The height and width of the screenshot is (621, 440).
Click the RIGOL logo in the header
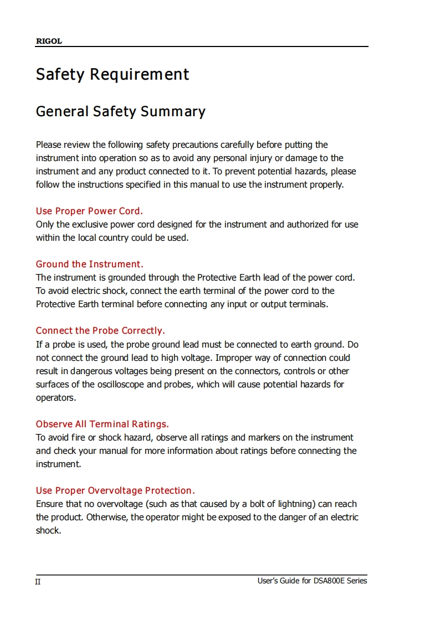[x=49, y=42]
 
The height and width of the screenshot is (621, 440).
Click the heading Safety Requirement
[x=112, y=74]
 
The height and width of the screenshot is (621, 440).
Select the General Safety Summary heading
[x=120, y=111]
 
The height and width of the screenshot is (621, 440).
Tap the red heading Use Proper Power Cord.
[x=89, y=211]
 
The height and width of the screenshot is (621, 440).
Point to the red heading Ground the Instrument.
[x=89, y=264]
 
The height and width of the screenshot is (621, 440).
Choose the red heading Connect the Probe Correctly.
[x=100, y=330]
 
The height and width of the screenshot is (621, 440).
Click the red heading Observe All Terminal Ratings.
[x=102, y=424]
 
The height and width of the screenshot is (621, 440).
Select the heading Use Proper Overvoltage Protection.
[x=115, y=490]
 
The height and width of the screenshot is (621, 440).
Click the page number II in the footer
[x=38, y=582]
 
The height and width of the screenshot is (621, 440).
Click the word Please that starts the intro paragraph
[x=49, y=144]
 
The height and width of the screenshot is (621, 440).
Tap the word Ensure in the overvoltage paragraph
[x=50, y=504]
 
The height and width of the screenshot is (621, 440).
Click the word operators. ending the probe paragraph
[x=56, y=397]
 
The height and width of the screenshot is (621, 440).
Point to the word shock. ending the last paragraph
[x=48, y=530]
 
